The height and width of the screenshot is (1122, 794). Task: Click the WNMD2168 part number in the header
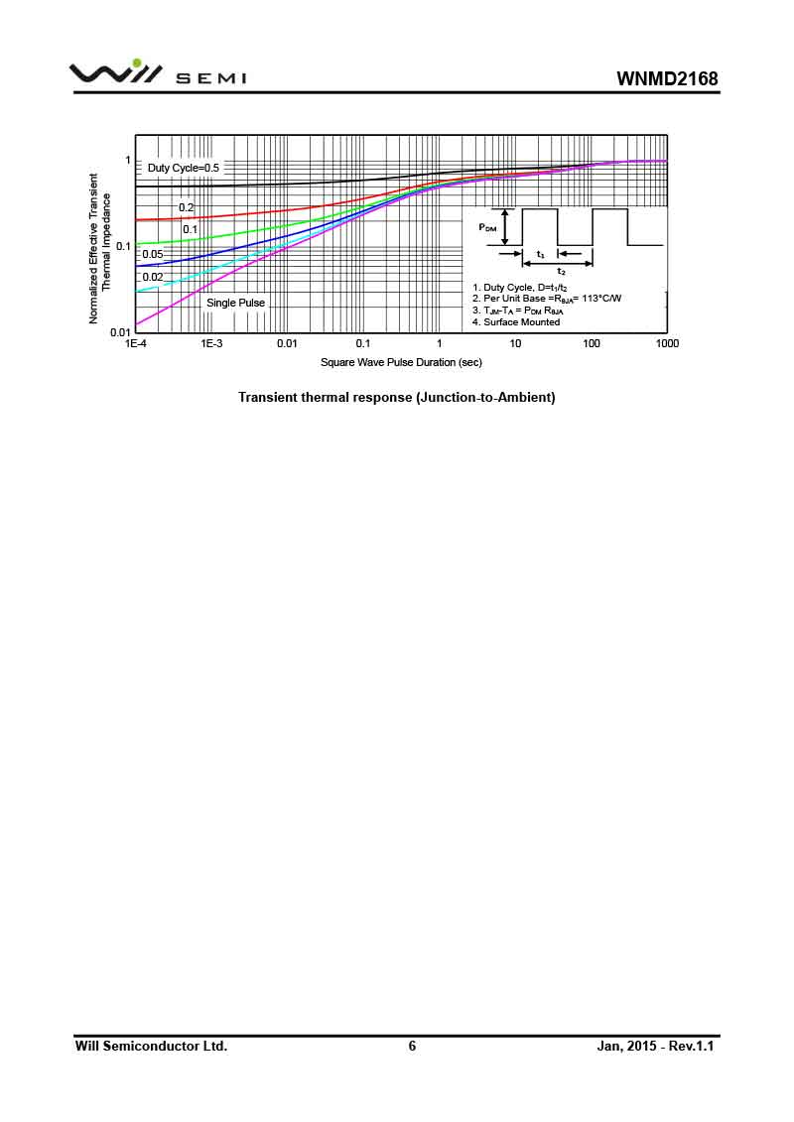[666, 78]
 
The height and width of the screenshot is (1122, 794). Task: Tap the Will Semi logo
[158, 74]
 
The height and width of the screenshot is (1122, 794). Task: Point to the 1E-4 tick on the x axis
[136, 343]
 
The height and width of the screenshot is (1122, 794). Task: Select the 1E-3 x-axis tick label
[210, 343]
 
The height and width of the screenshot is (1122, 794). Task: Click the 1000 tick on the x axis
[667, 343]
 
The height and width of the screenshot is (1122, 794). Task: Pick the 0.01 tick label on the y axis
[120, 332]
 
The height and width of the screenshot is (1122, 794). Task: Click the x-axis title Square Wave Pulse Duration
[401, 362]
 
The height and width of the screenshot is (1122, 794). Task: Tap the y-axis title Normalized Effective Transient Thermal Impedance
[100, 249]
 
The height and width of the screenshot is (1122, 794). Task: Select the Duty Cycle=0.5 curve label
[184, 168]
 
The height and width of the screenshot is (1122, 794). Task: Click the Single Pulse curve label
[235, 303]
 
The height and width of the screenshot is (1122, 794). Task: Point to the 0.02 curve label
[152, 277]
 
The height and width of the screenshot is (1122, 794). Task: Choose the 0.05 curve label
[152, 254]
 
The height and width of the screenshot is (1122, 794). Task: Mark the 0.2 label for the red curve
[187, 207]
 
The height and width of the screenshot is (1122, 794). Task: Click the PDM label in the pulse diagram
[488, 227]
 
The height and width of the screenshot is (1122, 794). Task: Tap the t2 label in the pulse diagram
[561, 271]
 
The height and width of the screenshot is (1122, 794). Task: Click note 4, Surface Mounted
[516, 321]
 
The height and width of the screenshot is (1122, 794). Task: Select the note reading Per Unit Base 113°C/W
[547, 298]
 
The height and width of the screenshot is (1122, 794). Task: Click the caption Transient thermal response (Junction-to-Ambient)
[396, 397]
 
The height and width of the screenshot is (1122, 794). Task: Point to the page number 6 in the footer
[412, 1046]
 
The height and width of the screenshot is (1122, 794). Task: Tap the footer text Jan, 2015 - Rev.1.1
[656, 1046]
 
